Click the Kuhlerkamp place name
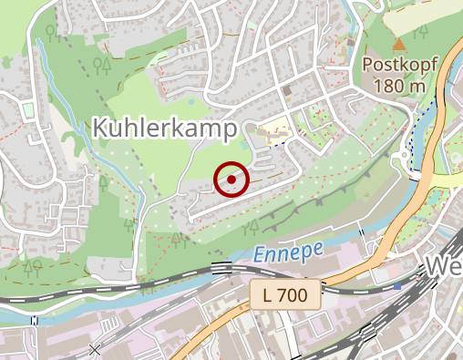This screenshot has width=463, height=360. pos(165,128)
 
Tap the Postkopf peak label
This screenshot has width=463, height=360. pos(400,65)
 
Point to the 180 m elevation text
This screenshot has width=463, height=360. pos(399,85)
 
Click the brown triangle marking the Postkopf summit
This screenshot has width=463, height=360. pos(398,44)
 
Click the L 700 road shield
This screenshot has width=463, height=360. pos(285,294)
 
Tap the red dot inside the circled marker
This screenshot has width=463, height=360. pos(232,180)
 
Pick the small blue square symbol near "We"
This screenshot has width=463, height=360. pos(397,285)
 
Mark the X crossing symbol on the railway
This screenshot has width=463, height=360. pos(96,349)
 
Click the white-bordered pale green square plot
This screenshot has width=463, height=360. pos(28,110)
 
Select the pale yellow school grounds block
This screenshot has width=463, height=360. pos(273,132)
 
